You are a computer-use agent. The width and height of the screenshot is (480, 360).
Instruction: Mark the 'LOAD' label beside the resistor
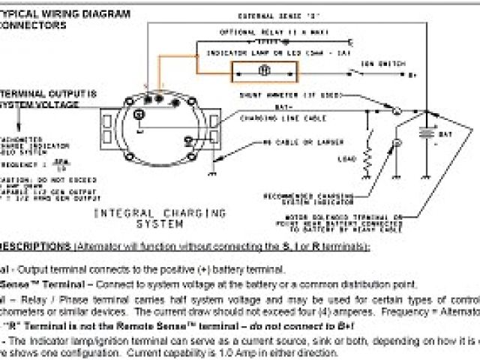click(349, 158)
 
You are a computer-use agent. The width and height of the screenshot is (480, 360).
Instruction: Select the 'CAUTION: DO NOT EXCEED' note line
click(30, 181)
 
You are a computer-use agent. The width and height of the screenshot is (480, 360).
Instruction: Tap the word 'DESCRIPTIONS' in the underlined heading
click(34, 247)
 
